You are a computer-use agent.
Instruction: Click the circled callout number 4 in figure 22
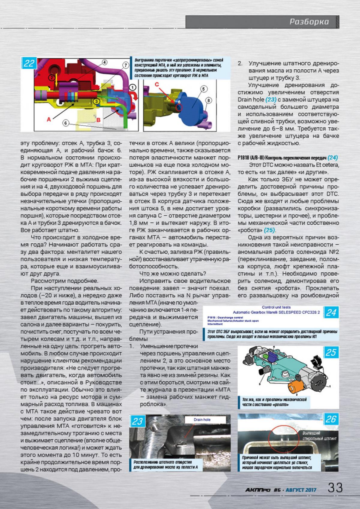pos(104,62)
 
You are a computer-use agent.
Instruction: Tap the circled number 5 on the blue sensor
pos(203,89)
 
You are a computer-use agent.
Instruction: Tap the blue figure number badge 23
pos(137,421)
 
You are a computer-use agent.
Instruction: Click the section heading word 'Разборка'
pos(309,22)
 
